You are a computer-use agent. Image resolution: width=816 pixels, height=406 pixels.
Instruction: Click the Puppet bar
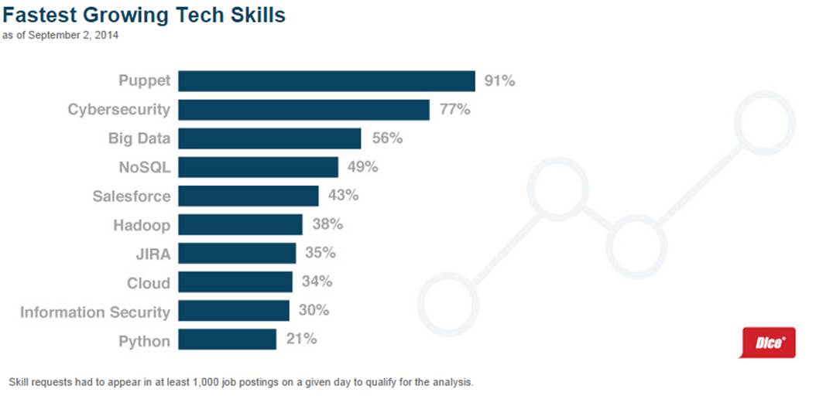326,81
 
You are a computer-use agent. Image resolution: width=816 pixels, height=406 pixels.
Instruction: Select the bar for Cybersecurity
303,110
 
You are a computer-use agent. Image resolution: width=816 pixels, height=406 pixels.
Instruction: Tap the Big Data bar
269,138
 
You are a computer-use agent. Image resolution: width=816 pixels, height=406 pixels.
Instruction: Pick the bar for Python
227,339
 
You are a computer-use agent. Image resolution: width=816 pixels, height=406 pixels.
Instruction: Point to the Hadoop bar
240,225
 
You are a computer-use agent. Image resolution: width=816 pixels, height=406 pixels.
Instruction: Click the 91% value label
499,81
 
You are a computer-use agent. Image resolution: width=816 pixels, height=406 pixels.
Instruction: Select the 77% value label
454,110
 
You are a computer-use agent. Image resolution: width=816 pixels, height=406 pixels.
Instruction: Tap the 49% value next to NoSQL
362,167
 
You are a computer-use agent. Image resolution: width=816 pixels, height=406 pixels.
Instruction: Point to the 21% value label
301,339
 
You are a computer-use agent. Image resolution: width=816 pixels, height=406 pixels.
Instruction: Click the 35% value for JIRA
321,254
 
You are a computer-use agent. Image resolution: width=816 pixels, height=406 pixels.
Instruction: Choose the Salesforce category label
131,196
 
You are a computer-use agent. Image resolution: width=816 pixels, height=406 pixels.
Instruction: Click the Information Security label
94,312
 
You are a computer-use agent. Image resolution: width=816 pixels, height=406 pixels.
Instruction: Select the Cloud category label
148,283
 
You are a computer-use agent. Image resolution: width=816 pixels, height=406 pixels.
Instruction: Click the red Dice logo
768,343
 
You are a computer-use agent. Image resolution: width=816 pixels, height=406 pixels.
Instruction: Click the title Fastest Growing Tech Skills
144,15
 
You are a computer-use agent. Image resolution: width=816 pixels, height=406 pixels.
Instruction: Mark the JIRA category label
152,254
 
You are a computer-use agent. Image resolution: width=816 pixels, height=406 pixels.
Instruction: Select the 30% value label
314,311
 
